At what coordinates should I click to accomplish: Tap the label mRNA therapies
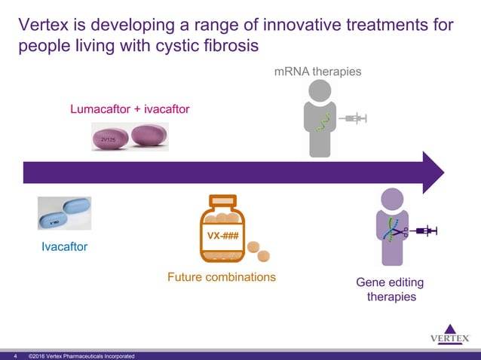(x=317, y=72)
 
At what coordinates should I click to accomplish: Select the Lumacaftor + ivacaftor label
(x=130, y=110)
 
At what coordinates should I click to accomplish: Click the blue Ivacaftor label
(x=65, y=247)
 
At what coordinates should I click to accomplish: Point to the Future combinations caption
(x=221, y=277)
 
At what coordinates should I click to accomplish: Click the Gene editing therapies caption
(x=390, y=290)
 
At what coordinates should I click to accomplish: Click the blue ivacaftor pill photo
(x=65, y=213)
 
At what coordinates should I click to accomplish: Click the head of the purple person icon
(x=394, y=200)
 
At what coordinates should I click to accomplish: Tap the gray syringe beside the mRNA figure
(x=353, y=118)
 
